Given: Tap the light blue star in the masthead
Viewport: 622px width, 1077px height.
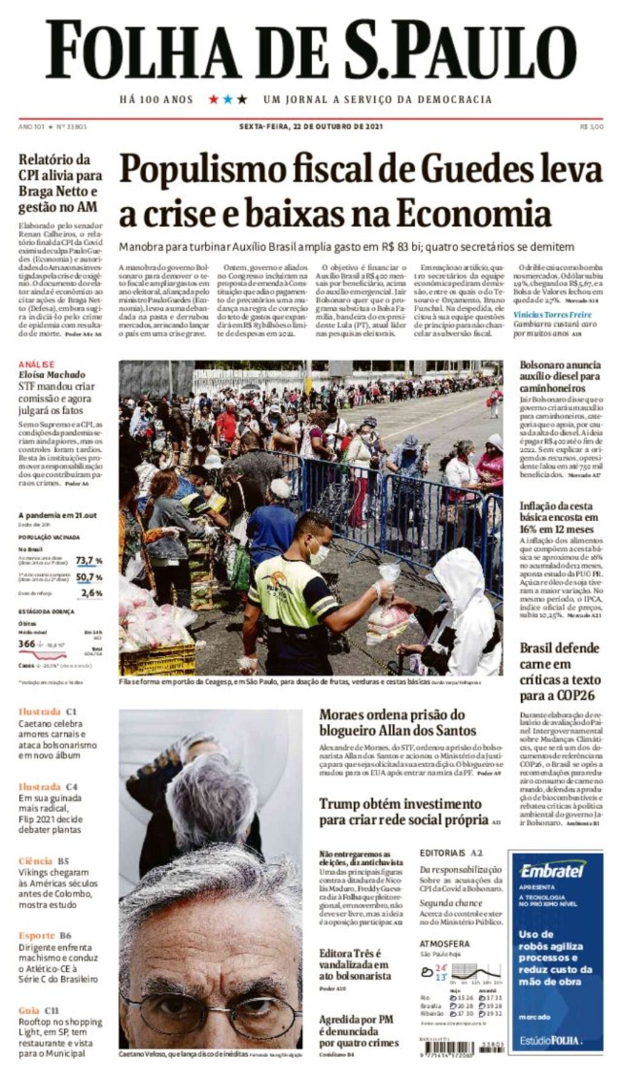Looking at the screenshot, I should [228, 99].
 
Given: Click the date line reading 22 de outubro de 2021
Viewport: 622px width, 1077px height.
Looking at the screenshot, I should [310, 126].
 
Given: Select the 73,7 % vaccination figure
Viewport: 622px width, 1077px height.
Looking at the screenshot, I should [89, 560].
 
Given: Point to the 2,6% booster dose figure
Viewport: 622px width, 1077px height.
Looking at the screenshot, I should [92, 592].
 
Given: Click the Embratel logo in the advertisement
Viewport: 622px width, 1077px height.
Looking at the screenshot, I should [552, 870].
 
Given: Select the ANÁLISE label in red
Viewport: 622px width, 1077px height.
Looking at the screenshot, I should [36, 364].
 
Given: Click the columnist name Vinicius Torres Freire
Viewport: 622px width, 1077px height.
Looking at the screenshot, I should [552, 315].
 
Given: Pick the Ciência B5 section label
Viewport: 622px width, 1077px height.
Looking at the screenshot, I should [43, 861].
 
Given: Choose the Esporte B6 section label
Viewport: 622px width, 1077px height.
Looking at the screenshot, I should [44, 935].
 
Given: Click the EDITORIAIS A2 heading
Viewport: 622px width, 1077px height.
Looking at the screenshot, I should [451, 853].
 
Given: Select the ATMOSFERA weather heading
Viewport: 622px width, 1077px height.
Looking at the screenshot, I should [444, 943].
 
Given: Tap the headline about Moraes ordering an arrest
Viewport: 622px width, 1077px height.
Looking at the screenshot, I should [397, 722].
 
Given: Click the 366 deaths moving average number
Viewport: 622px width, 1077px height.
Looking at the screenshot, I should [27, 643].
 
